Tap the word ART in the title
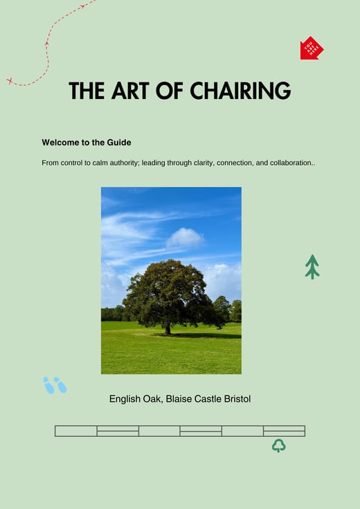coord(130,91)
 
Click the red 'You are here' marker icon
coord(312,48)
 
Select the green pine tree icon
coord(312,267)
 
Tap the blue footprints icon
coord(55,385)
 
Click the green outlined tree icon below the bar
coord(279,445)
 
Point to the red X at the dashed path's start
coord(10,81)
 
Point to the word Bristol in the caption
coord(236,400)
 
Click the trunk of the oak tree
coord(168,327)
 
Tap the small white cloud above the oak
coord(185,238)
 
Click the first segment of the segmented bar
coord(76,431)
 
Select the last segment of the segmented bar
coord(284,431)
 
